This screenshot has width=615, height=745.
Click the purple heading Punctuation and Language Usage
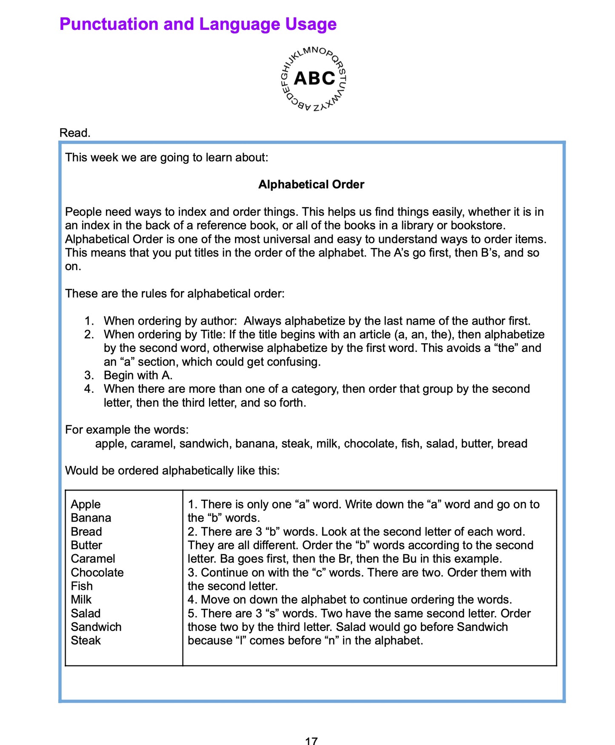click(198, 24)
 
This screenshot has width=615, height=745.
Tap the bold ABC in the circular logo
click(315, 78)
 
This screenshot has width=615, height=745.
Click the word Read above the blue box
click(75, 133)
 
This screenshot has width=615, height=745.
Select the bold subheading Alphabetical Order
click(311, 184)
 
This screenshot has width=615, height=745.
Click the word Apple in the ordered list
click(86, 504)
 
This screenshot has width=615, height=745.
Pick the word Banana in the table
click(91, 518)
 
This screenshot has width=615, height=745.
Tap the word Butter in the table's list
click(86, 545)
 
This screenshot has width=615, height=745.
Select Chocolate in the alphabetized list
click(97, 572)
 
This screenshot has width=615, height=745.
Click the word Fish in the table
click(81, 586)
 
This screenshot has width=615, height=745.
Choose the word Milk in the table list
click(81, 599)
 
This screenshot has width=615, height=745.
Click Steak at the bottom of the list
click(86, 640)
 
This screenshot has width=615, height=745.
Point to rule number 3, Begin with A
click(137, 375)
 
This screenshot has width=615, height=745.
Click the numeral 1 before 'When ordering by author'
click(88, 321)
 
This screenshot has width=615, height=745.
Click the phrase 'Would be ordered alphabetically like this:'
click(172, 471)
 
